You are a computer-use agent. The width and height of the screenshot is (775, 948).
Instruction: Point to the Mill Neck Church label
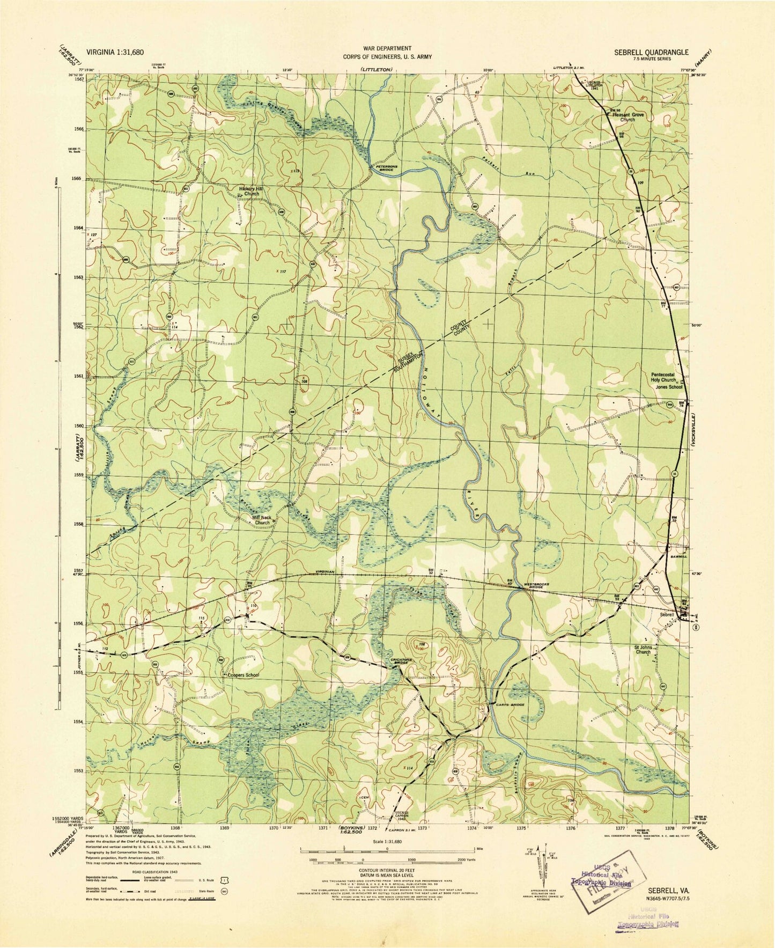click(x=262, y=520)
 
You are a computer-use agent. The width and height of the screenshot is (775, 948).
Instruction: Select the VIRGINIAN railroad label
click(x=326, y=572)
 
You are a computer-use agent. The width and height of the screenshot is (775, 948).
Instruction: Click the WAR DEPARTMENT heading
click(x=387, y=48)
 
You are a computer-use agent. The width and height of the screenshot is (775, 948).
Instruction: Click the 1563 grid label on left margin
click(x=79, y=278)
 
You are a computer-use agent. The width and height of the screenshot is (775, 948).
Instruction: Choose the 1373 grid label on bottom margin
click(x=423, y=828)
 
